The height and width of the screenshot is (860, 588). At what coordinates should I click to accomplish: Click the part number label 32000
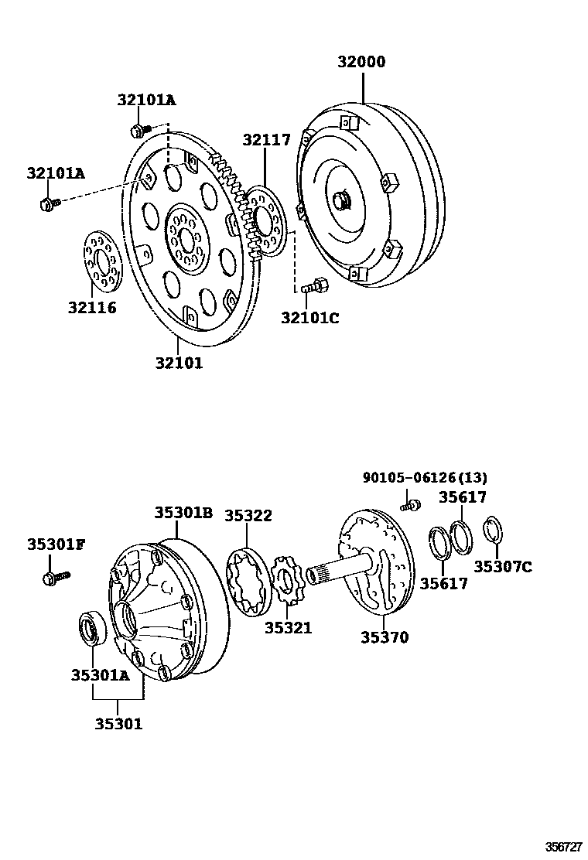361,61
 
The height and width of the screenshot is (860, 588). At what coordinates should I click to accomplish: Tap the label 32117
267,140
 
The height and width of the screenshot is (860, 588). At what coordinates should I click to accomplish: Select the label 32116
92,308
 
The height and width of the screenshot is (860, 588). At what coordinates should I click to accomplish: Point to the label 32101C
310,318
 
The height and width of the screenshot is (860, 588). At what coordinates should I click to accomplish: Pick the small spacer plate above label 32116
102,260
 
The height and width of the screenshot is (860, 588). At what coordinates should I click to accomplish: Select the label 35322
248,516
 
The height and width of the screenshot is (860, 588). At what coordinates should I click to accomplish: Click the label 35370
385,636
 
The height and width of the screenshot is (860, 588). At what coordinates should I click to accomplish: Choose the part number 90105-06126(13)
425,477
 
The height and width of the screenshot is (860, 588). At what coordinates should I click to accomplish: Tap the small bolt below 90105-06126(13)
409,504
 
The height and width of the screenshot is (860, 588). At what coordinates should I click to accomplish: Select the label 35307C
503,566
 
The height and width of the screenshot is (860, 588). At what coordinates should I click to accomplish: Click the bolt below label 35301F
56,577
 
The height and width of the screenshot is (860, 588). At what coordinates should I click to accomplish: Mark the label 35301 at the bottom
118,723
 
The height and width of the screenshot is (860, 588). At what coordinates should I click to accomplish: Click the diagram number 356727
563,846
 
